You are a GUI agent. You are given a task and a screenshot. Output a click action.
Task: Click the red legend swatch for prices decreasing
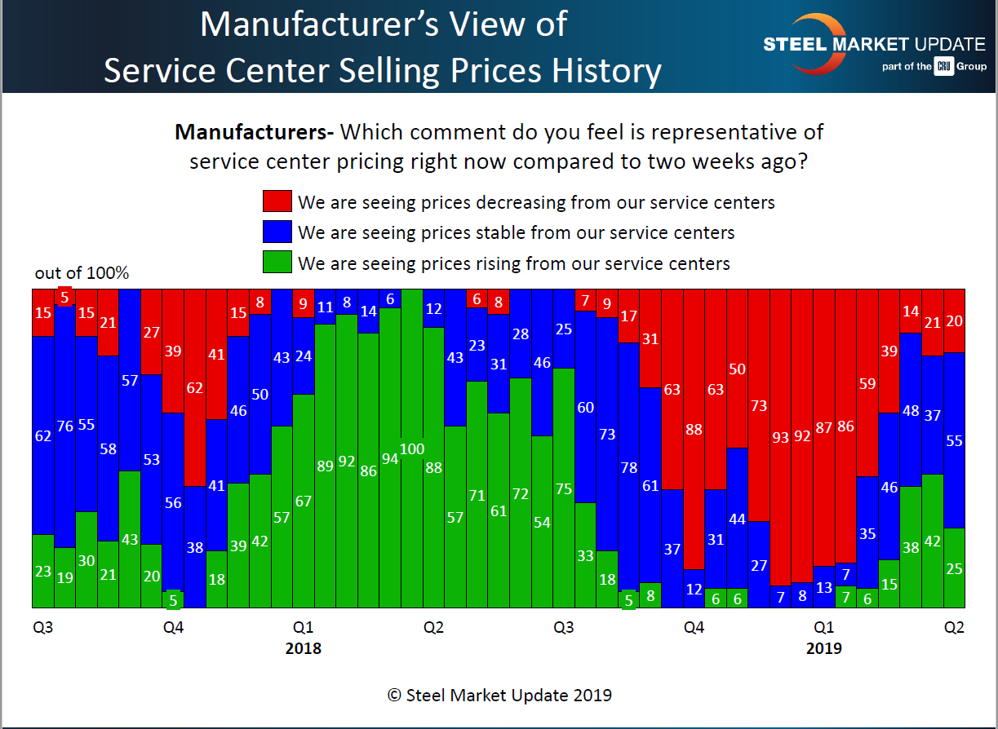tap(277, 201)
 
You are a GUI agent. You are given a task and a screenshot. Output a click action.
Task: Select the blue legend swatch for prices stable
tap(277, 232)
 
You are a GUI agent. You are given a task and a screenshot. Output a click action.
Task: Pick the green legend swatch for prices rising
tap(277, 263)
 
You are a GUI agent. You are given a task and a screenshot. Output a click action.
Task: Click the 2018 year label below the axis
tap(303, 649)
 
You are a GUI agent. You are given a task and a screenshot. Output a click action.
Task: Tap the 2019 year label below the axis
tap(823, 649)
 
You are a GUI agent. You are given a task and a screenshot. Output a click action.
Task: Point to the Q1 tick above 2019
tap(823, 628)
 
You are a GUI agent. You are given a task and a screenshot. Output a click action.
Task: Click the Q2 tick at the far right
tap(953, 628)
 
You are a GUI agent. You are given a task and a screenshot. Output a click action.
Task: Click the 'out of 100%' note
tap(82, 273)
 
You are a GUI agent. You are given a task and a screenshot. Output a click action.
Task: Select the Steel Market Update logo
tap(873, 46)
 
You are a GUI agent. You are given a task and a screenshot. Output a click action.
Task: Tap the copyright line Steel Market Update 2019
tap(499, 696)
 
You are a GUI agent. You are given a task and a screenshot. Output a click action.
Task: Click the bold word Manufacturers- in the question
tap(255, 132)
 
